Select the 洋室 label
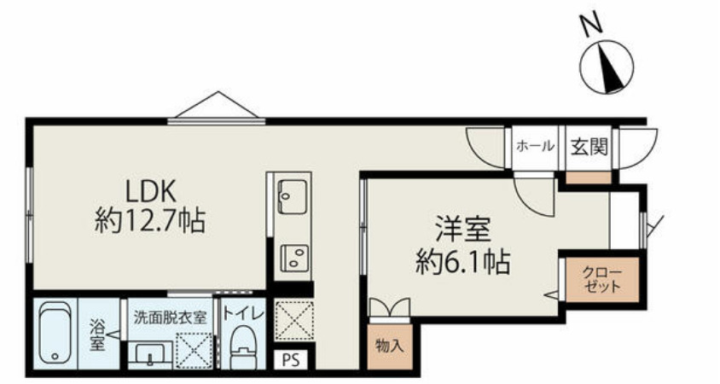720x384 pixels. pyautogui.click(x=461, y=229)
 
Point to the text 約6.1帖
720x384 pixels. pyautogui.click(x=462, y=259)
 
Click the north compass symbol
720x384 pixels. pyautogui.click(x=605, y=67)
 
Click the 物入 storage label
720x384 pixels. pyautogui.click(x=389, y=346)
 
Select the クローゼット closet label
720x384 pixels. pyautogui.click(x=603, y=280)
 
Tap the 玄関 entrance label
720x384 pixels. pyautogui.click(x=589, y=147)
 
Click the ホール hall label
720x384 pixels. pyautogui.click(x=535, y=147)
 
